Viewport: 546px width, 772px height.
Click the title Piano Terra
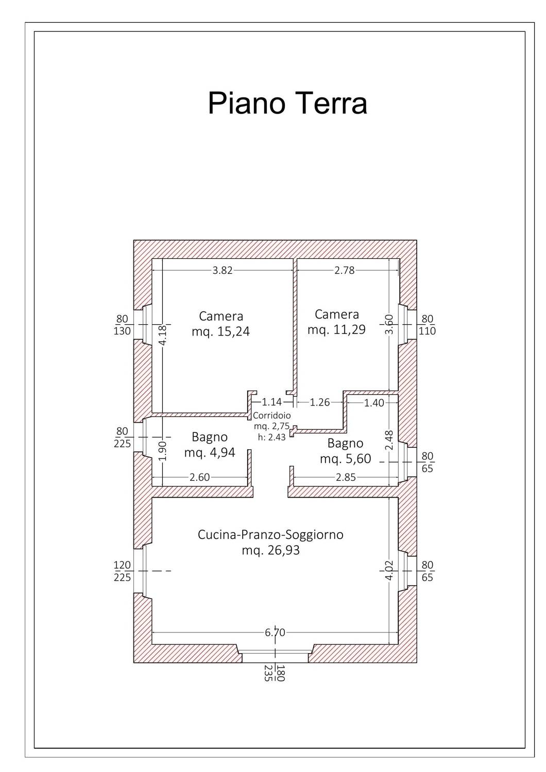(x=287, y=103)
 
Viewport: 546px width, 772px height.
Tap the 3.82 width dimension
(x=223, y=270)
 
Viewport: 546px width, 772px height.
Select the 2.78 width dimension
(x=345, y=270)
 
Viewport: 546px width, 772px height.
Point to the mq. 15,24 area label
(x=221, y=331)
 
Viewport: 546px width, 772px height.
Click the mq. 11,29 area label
(x=337, y=329)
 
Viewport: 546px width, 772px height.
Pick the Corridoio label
(x=272, y=416)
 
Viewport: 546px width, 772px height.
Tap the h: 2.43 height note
(x=272, y=437)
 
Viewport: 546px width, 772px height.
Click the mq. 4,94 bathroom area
(x=210, y=452)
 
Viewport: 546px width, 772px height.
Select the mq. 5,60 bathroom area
(x=346, y=459)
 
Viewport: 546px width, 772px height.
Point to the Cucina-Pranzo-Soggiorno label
(x=271, y=535)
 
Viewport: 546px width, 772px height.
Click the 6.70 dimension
(x=275, y=633)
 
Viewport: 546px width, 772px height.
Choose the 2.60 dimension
(x=200, y=477)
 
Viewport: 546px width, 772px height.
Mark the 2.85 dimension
(x=346, y=477)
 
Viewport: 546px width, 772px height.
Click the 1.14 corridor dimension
(x=272, y=402)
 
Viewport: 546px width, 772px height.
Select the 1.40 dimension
(x=374, y=402)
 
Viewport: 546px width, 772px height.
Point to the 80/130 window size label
(x=123, y=325)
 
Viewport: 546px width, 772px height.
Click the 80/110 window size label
(x=428, y=325)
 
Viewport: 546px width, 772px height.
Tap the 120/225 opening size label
(x=123, y=571)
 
